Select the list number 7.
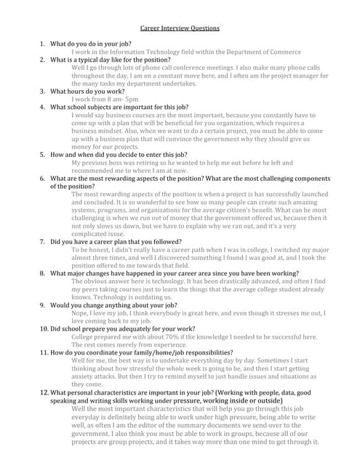coord(42,241)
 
